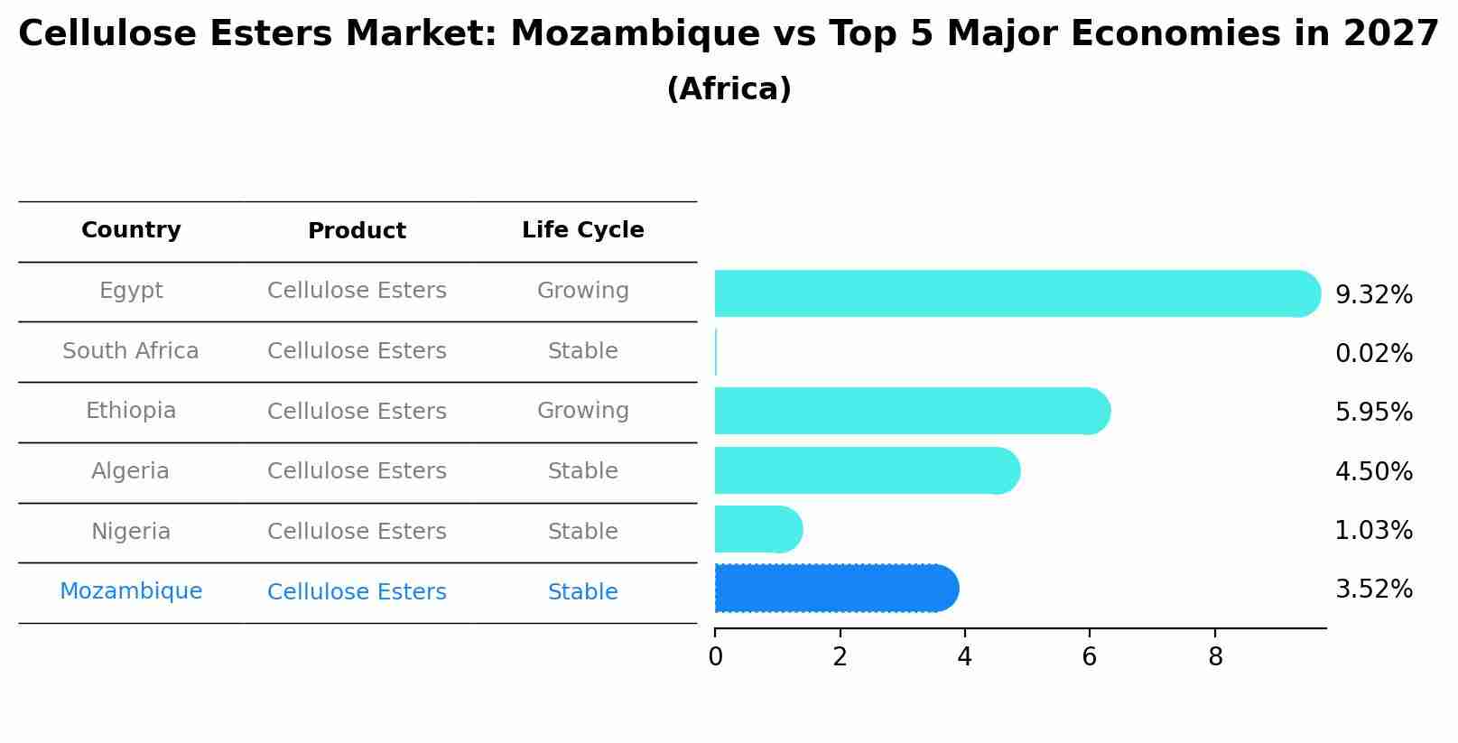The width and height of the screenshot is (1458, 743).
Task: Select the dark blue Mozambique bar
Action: (835, 589)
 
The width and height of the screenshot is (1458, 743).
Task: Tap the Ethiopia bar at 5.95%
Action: (912, 411)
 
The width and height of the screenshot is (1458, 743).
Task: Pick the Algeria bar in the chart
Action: (867, 470)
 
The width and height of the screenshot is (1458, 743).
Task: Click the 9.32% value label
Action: (1373, 295)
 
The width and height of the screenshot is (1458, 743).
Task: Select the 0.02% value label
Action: (1373, 354)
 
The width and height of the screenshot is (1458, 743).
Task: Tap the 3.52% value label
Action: (1373, 590)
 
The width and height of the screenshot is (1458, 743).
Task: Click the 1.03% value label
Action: (1373, 531)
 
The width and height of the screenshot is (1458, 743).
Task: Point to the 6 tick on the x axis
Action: (1090, 657)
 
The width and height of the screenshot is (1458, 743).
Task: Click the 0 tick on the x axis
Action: (716, 657)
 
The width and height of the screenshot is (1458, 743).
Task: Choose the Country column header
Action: (131, 230)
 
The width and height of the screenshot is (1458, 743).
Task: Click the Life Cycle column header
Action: (583, 230)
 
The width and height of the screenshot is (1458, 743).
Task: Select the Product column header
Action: (357, 231)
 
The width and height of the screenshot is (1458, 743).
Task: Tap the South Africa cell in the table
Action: (131, 351)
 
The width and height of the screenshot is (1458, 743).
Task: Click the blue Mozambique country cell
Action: (131, 591)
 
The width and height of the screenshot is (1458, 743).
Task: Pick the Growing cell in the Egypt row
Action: (583, 291)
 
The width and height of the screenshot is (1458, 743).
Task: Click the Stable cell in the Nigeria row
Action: (583, 532)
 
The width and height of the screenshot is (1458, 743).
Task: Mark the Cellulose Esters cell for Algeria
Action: (357, 471)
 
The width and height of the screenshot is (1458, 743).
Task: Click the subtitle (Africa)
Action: (729, 89)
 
